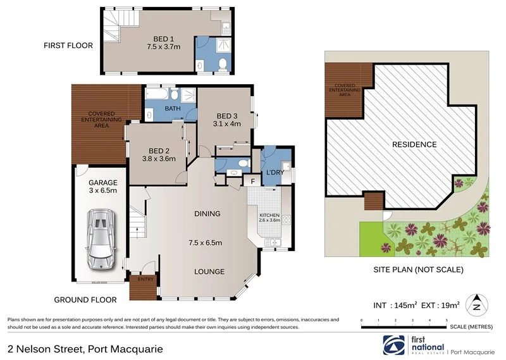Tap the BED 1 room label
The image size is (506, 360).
click(160, 37)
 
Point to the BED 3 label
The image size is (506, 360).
click(227, 116)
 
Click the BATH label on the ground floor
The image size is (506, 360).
click(173, 109)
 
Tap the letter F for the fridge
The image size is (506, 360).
click(252, 182)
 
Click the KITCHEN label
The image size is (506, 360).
click(269, 215)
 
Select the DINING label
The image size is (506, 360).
click(207, 214)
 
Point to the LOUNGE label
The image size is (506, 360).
click(209, 271)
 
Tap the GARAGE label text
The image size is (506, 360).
click(102, 182)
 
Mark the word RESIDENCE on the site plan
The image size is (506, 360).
click(414, 144)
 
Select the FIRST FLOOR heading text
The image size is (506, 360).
click(68, 46)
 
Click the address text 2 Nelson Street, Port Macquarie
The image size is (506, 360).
click(85, 349)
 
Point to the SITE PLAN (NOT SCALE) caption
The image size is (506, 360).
click(417, 270)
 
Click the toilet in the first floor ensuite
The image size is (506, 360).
click(222, 63)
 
